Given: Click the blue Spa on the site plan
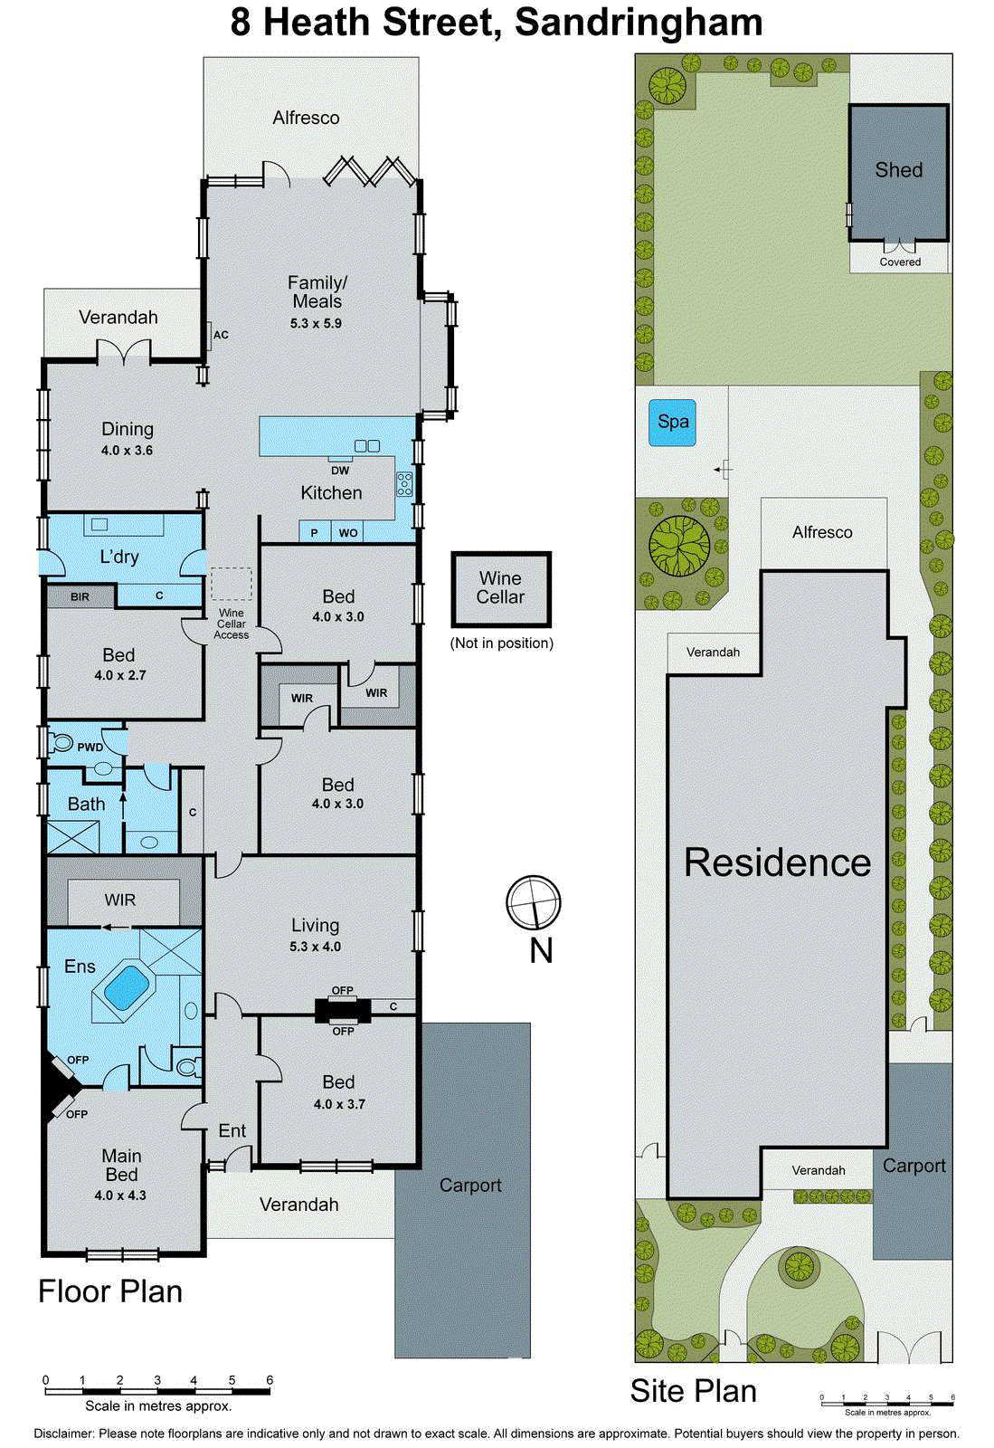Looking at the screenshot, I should pyautogui.click(x=672, y=422).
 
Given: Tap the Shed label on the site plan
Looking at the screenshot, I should pyautogui.click(x=898, y=170).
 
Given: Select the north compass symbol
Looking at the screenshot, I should pyautogui.click(x=534, y=902).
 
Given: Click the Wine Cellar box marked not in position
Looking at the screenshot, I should pyautogui.click(x=501, y=588).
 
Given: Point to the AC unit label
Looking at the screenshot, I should pyautogui.click(x=221, y=335).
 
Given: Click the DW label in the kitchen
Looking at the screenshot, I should pyautogui.click(x=340, y=471).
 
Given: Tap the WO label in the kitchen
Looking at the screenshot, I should pyautogui.click(x=348, y=533).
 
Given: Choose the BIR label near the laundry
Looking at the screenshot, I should pyautogui.click(x=80, y=597).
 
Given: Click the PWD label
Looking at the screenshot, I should pyautogui.click(x=90, y=748).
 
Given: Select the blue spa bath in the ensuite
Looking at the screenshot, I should pyautogui.click(x=127, y=987).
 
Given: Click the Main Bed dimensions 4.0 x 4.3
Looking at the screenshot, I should pyautogui.click(x=120, y=1196).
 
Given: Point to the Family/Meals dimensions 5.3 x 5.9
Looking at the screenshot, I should pyautogui.click(x=316, y=323).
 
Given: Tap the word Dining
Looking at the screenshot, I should pyautogui.click(x=128, y=429).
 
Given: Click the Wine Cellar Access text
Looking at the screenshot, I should pyautogui.click(x=232, y=624).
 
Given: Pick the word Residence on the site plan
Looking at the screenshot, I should pyautogui.click(x=777, y=862).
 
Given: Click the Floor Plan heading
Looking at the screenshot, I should pyautogui.click(x=110, y=1291).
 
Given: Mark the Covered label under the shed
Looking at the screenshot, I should pyautogui.click(x=900, y=262).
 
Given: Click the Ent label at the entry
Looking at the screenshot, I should pyautogui.click(x=232, y=1130).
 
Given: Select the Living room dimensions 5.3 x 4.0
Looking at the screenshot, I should pyautogui.click(x=316, y=947).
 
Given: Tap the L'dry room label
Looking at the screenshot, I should pyautogui.click(x=119, y=557).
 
